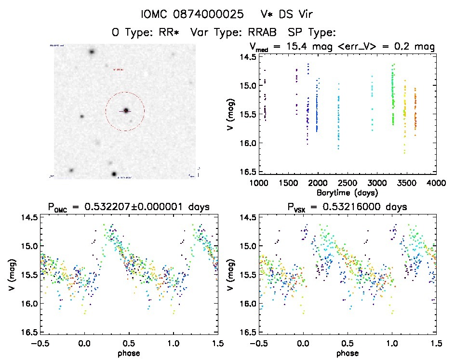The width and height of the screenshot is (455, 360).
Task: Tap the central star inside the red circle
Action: click(126, 111)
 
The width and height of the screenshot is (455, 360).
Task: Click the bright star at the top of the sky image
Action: click(92, 52)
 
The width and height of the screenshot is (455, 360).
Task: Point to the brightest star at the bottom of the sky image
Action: click(114, 173)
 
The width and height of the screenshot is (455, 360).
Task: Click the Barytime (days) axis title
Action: click(347, 192)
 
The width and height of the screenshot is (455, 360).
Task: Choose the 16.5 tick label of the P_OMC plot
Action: click(28, 333)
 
